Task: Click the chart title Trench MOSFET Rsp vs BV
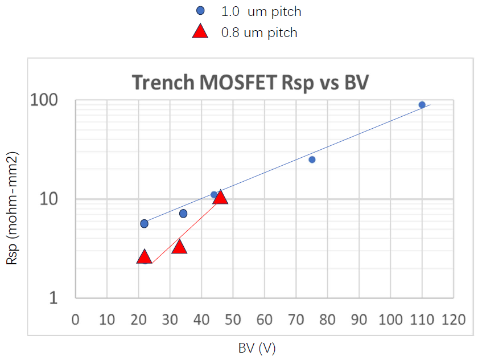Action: [250, 83]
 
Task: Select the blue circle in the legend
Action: [200, 11]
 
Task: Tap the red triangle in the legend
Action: [200, 32]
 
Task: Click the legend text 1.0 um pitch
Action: [261, 11]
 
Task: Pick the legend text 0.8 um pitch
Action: [259, 32]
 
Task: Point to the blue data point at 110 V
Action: [422, 105]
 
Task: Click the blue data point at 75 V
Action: [312, 159]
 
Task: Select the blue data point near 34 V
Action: [183, 214]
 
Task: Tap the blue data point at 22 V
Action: [144, 224]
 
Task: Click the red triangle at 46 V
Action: [220, 198]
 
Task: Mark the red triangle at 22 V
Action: [145, 257]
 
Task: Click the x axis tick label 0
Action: [76, 320]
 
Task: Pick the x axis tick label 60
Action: [264, 320]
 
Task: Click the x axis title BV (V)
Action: [257, 347]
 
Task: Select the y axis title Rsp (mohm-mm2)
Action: [13, 208]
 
